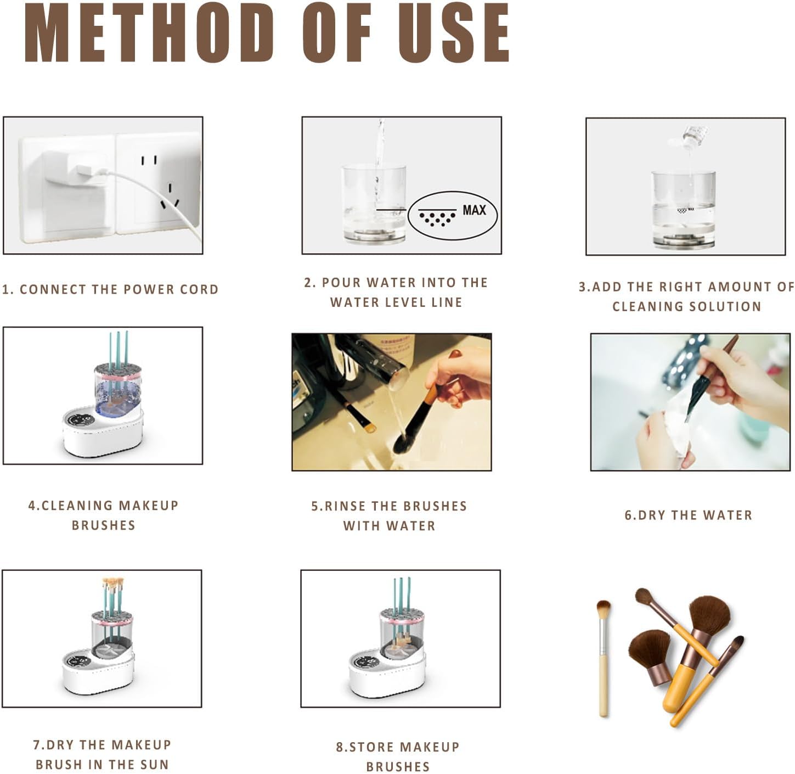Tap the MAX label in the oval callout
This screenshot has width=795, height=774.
pos(474,210)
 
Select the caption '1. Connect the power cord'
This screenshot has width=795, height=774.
pos(110,289)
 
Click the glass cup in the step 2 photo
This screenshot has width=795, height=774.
pos(374,203)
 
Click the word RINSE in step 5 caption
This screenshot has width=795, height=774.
pos(346,506)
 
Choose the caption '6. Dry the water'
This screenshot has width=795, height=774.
pos(688,515)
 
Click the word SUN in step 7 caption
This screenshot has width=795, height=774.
pos(155,765)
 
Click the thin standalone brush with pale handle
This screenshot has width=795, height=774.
pos(603,659)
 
